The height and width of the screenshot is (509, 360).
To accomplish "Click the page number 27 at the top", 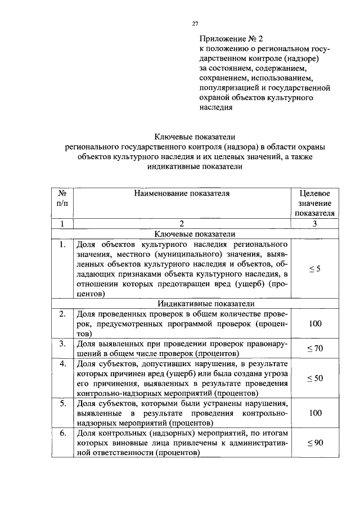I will [195, 24].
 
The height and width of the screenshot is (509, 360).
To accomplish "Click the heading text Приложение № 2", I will [231, 39].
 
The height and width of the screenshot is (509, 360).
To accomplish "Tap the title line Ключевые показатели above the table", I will [195, 136].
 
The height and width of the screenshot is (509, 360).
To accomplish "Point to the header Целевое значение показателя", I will [315, 203].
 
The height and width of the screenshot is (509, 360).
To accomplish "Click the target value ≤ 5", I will [315, 269].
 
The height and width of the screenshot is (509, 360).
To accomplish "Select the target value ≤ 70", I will [315, 349].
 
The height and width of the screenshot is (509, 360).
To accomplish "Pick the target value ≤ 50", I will [315, 379].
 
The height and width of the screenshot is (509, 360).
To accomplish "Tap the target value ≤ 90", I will [315, 443].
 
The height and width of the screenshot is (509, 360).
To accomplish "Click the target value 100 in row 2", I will [315, 324].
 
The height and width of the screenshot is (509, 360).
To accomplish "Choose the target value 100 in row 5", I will [315, 413].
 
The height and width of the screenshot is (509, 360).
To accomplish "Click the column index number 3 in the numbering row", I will [315, 224].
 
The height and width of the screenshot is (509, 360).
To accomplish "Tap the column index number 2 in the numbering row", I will [182, 224].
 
